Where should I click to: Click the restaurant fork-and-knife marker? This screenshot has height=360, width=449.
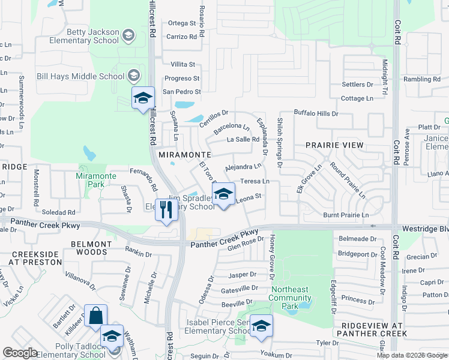166,210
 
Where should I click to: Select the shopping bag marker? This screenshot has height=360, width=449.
95,316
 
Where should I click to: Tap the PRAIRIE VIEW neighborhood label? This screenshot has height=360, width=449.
334,145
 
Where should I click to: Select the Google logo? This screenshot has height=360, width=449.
20,353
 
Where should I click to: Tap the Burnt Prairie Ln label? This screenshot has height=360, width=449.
345,215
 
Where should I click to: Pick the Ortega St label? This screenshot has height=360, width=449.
182,23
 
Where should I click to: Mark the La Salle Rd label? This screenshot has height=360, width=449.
243,139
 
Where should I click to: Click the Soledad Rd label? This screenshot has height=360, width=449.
58,212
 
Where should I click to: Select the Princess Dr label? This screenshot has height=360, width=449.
357,299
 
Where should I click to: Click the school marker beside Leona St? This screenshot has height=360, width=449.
223,195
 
